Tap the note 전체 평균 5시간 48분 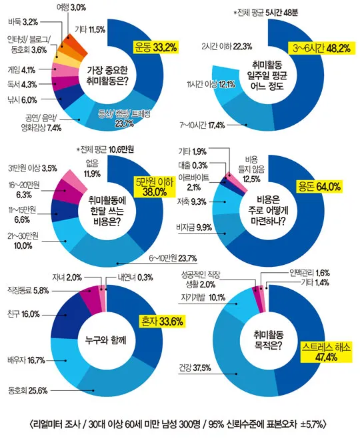265,12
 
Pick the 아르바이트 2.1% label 197,182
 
